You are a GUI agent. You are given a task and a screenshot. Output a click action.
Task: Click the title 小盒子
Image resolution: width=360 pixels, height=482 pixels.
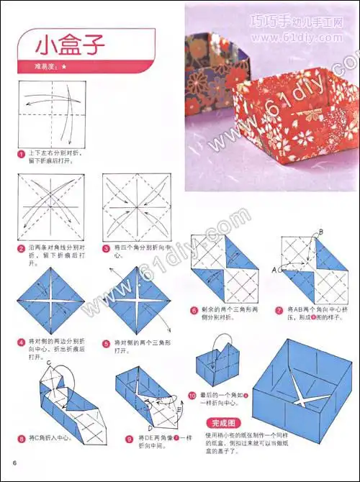71,45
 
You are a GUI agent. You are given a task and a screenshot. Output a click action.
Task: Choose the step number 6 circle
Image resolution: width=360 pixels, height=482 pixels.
194,311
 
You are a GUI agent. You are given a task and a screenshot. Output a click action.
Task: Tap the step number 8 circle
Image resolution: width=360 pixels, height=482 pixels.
21,437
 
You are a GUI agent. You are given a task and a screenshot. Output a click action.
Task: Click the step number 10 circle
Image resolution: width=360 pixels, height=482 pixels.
192,395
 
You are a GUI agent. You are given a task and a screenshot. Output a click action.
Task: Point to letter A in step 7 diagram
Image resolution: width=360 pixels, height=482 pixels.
274,270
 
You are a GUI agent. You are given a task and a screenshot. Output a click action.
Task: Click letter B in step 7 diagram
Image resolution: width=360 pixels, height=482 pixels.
320,231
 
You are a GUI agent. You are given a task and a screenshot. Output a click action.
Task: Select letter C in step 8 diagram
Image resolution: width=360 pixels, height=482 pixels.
48,363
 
